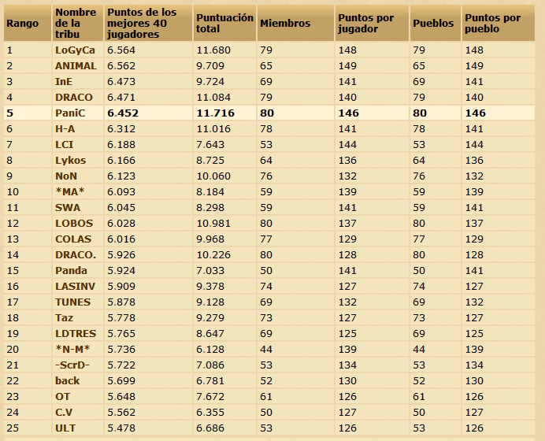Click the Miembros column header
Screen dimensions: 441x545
pos(284,24)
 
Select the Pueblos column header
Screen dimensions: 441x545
pos(433,24)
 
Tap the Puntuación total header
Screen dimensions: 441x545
pos(224,23)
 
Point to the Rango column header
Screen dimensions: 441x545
pos(22,24)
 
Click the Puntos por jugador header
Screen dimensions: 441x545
pos(365,24)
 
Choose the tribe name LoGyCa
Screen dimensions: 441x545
pos(75,50)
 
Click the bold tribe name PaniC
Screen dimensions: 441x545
pos(71,113)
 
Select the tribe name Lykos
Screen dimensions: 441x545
pos(72,161)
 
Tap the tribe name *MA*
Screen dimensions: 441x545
pos(70,192)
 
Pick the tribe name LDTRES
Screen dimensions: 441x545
pos(75,334)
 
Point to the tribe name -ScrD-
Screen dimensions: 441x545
pos(72,365)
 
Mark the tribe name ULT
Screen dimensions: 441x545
pos(65,428)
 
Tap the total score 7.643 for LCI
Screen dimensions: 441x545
pos(209,145)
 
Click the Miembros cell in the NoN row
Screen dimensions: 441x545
pos(267,176)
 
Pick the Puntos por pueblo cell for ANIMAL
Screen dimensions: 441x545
pos(475,66)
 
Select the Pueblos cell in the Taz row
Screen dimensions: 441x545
pos(420,318)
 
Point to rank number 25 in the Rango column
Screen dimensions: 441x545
pos(13,428)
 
